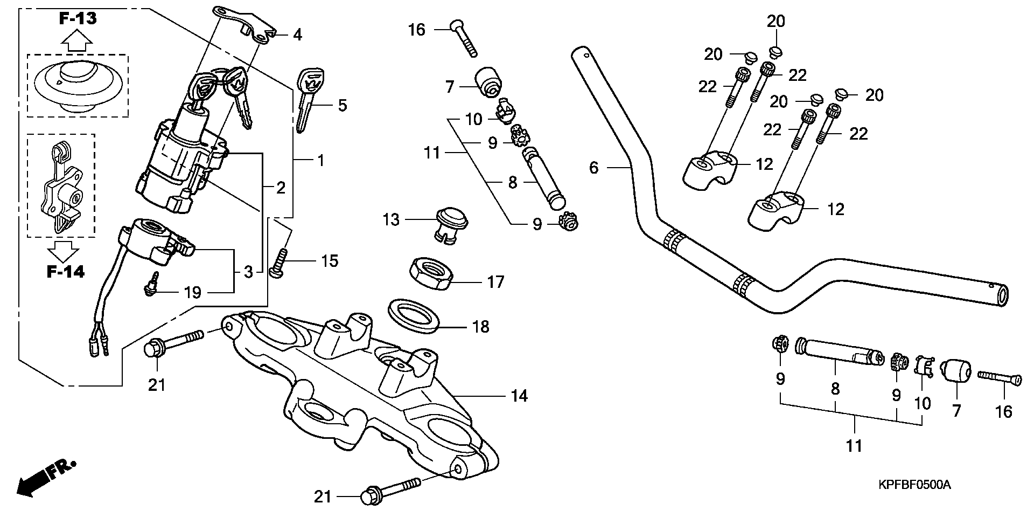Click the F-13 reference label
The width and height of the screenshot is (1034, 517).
pos(78,19)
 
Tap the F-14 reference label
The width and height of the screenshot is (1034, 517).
pos(65,272)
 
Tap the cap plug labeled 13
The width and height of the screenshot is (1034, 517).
pos(451,223)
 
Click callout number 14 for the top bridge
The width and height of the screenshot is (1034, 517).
pos(519,396)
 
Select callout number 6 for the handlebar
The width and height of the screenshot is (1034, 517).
pos(593,168)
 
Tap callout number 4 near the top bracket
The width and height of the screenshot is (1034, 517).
pos(297,35)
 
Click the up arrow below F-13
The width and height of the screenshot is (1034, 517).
pos(75,40)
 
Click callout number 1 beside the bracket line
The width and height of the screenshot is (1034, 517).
pos(320,160)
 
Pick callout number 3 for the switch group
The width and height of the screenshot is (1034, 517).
pos(248,272)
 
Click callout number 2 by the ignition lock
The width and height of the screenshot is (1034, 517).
pos(281,188)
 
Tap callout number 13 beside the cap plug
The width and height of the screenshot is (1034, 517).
pos(391,219)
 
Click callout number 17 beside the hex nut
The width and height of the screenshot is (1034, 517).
pos(495,281)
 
